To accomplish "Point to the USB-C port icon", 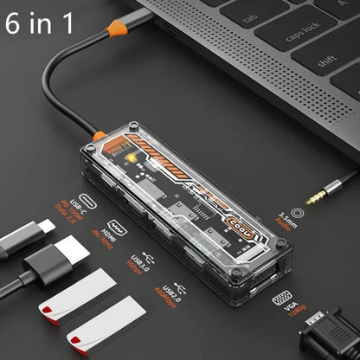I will click(87, 200).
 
